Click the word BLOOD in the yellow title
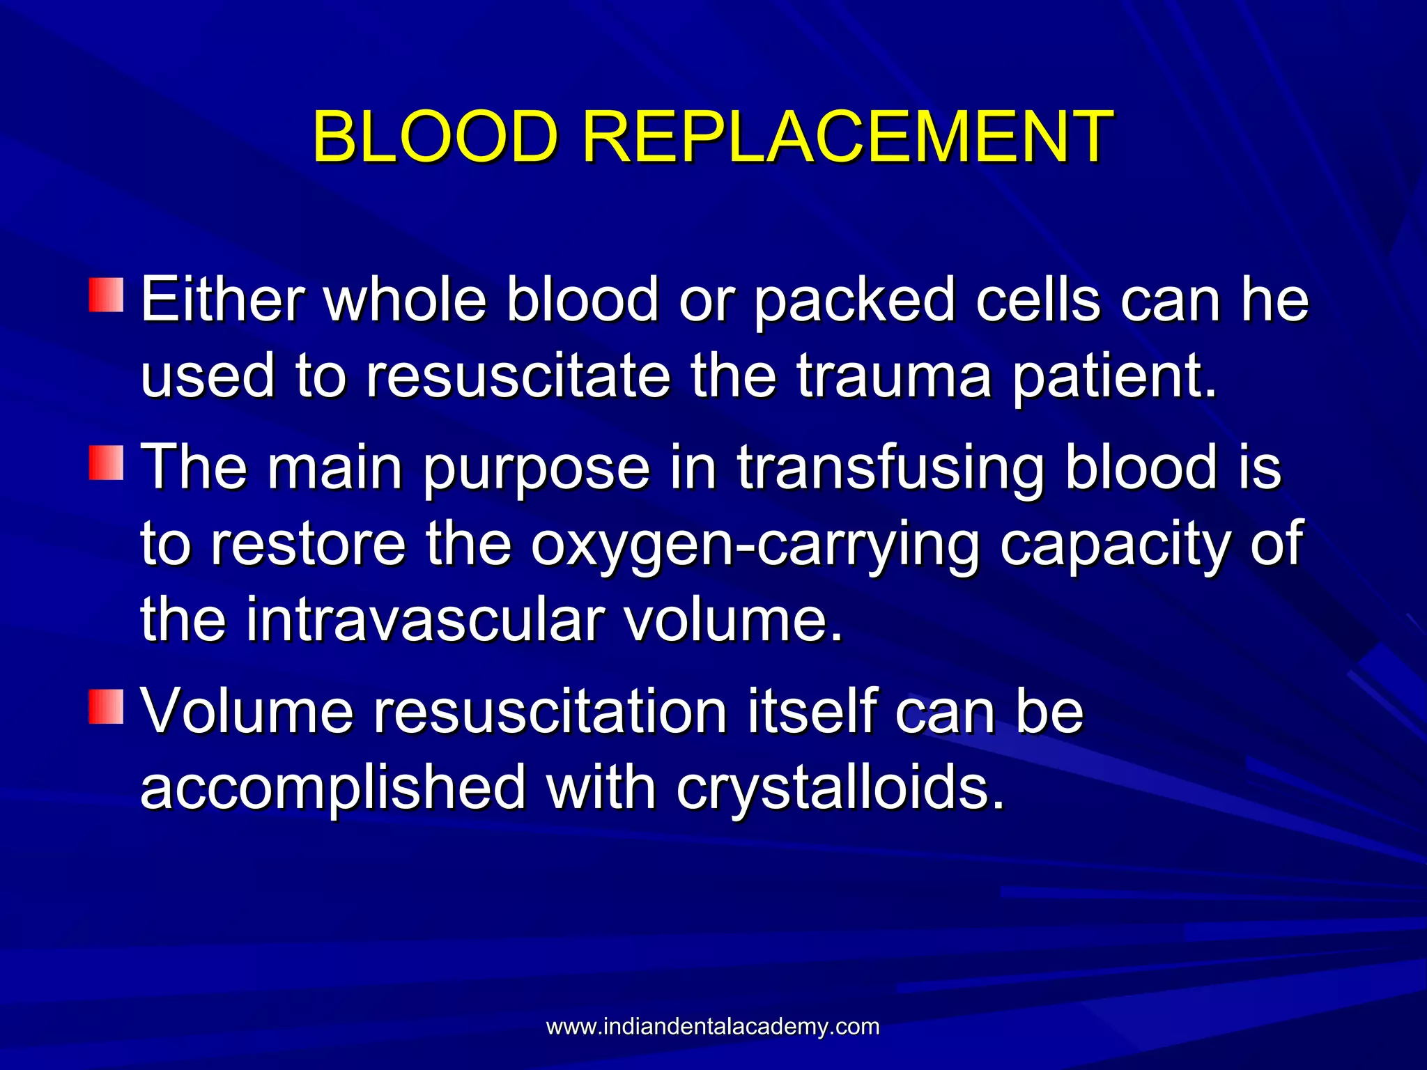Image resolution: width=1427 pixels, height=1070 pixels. (x=435, y=137)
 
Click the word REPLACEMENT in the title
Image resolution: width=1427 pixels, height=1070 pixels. (x=847, y=137)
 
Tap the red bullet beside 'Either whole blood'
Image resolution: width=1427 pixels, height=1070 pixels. (x=106, y=295)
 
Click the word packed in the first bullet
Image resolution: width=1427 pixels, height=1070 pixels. (x=854, y=301)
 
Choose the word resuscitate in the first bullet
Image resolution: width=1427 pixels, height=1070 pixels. (x=518, y=376)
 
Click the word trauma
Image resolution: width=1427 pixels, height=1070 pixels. (x=894, y=376)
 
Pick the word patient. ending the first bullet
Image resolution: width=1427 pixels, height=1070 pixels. (x=1114, y=376)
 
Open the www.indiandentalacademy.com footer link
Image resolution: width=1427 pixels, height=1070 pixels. (x=713, y=1027)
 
